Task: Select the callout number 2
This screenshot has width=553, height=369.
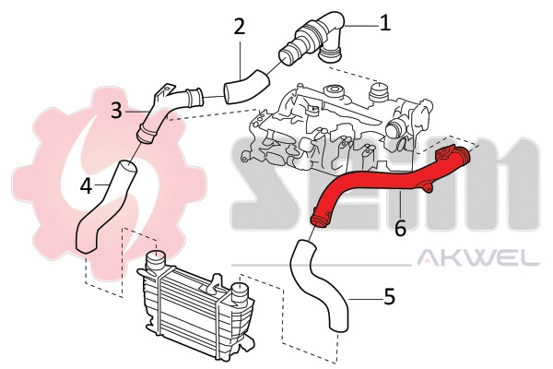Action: [x=240, y=26]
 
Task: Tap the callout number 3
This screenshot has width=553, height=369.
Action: [x=117, y=111]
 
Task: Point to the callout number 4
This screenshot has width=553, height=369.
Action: [x=86, y=184]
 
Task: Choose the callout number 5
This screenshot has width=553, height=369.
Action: [x=389, y=297]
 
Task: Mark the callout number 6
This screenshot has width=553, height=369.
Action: [x=400, y=227]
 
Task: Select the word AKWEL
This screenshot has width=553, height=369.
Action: [x=479, y=259]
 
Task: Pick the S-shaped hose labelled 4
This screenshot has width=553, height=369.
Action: [x=106, y=208]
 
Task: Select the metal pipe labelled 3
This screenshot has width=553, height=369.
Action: [x=166, y=111]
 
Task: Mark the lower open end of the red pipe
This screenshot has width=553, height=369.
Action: [x=320, y=220]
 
